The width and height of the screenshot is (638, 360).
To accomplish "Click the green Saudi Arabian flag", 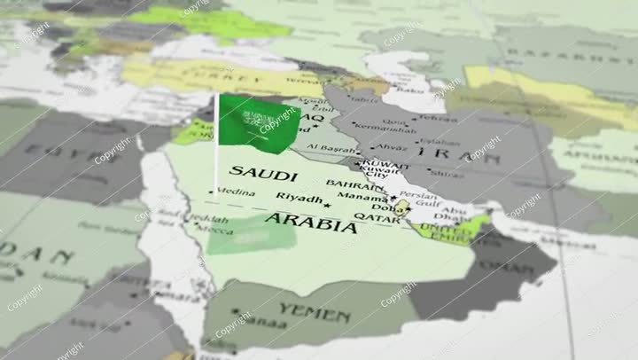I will (x=258, y=121).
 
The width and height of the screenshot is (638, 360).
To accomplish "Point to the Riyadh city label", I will (x=299, y=197).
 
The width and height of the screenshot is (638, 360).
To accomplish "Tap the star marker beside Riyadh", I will (x=327, y=206).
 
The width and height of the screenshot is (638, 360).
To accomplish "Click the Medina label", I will (x=237, y=191).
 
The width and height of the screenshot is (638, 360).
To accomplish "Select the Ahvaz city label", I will (x=390, y=147).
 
